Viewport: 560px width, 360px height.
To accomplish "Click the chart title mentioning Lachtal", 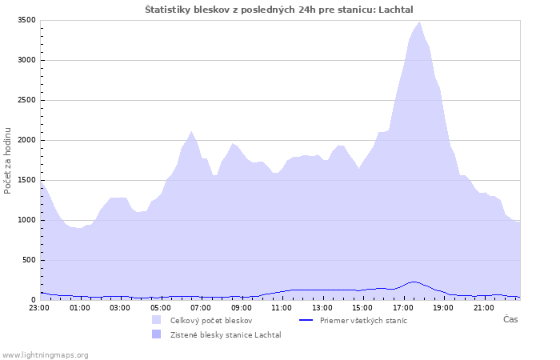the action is pos(279,10).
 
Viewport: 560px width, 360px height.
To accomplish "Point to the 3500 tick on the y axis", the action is pos(26,20).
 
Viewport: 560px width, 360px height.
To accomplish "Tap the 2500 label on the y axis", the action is pos(26,100).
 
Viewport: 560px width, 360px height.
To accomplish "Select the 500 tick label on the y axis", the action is pos(29,260).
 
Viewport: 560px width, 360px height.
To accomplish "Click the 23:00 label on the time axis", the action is pos(39,308).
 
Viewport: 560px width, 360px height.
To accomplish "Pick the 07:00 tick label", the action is pos(200,308).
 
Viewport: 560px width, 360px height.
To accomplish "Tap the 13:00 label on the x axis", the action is pos(322,308).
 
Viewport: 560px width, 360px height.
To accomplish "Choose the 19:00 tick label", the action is pos(443,308).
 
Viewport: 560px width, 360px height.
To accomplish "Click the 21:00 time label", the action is pos(483,308).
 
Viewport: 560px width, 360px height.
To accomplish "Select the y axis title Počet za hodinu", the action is pos(7,161).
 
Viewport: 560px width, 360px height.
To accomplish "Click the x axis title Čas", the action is pos(510,319).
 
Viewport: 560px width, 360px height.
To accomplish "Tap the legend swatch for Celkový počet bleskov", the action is pos(157,320).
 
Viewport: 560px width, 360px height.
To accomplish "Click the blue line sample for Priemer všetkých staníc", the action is pos(306,320).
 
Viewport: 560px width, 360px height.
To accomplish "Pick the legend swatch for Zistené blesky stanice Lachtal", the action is pos(157,334).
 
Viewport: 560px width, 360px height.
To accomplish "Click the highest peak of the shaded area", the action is pos(420,22).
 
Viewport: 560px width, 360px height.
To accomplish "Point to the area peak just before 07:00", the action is pos(191,131).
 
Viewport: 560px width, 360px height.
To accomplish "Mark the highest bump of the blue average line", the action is pos(414,282).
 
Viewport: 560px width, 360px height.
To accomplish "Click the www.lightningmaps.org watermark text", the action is pos(45,355).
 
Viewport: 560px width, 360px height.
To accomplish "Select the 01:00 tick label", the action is pos(79,308).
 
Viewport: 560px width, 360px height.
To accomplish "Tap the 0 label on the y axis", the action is pos(34,300).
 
